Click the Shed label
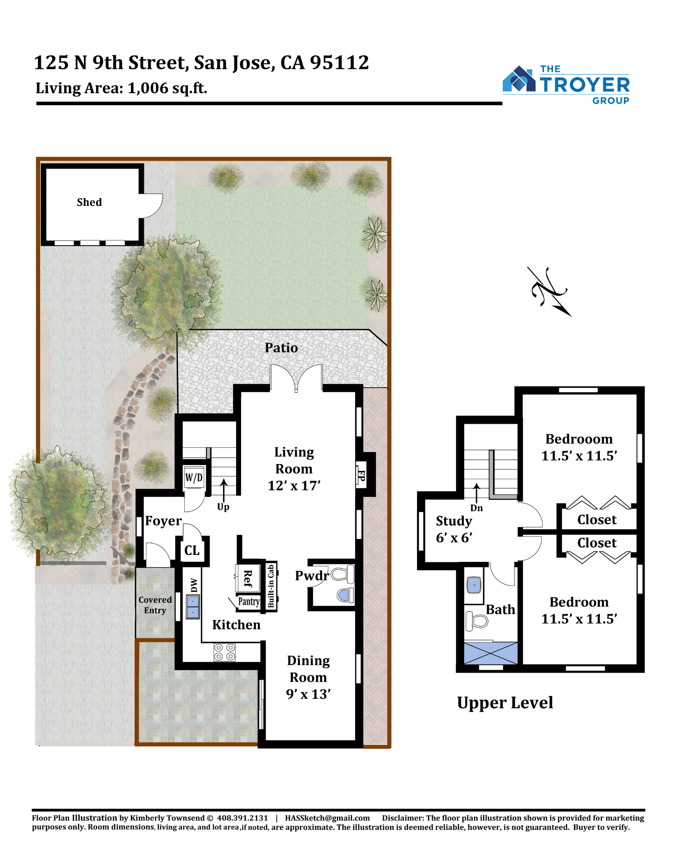[90, 202]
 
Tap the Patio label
[281, 348]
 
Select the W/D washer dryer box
[194, 477]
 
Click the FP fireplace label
[361, 476]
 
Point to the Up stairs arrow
[223, 490]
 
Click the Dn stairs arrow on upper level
[477, 493]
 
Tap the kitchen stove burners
[225, 652]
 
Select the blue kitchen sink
[193, 607]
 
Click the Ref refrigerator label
[248, 578]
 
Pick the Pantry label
[249, 601]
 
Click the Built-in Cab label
[271, 586]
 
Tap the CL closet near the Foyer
[192, 551]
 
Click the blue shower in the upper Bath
[491, 653]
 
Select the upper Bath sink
[474, 585]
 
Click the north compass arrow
[550, 292]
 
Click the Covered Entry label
[155, 605]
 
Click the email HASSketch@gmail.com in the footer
[327, 818]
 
